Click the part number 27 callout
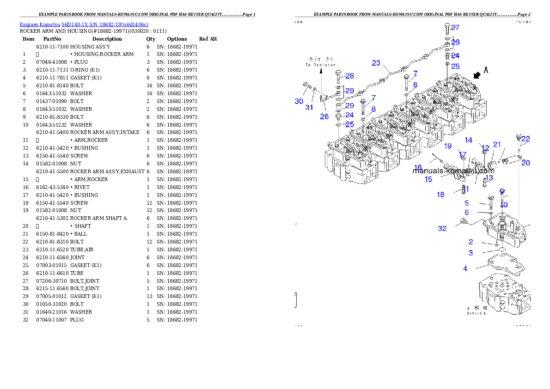[x=455, y=28]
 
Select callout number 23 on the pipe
[x=376, y=63]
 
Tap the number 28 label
[x=349, y=76]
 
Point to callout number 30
[x=299, y=101]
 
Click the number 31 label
[x=309, y=107]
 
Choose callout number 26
[x=324, y=116]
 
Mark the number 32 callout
[x=442, y=228]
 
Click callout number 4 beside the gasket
[x=465, y=268]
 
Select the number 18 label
[x=440, y=194]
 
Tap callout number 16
[x=418, y=167]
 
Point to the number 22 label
[x=526, y=139]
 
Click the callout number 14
[x=469, y=140]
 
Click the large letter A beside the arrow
[x=486, y=69]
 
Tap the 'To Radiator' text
[x=320, y=62]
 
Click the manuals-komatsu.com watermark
[x=453, y=170]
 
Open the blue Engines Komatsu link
[x=84, y=24]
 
